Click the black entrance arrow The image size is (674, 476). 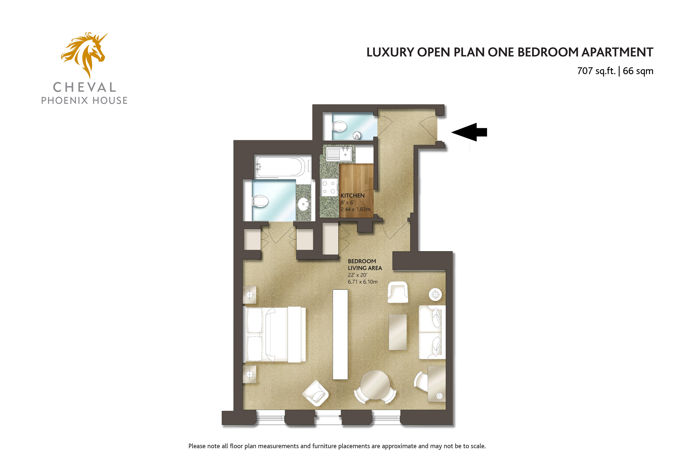(x=469, y=132)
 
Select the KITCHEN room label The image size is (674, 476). (x=353, y=196)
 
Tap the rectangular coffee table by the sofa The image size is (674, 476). (x=398, y=332)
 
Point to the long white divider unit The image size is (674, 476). (x=340, y=334)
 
